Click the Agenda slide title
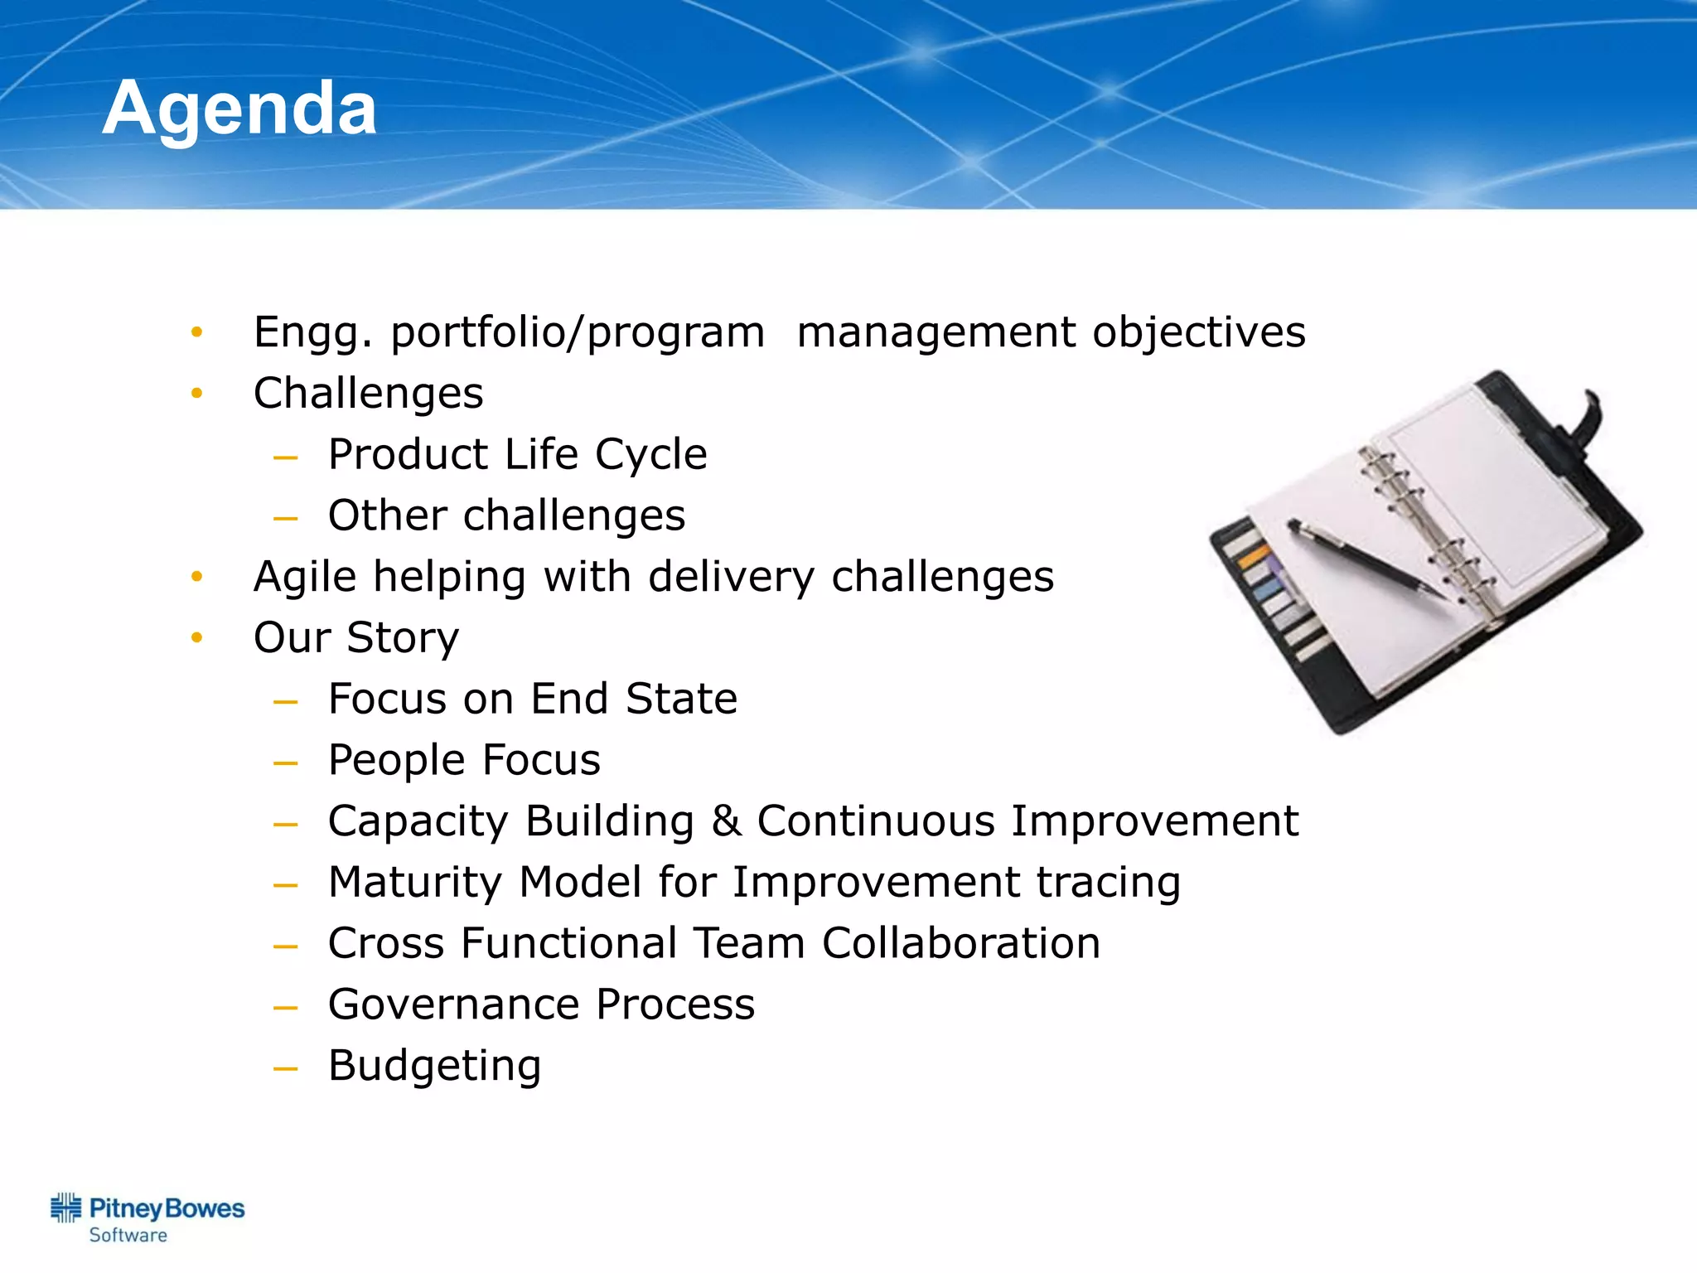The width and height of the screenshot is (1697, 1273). tap(239, 109)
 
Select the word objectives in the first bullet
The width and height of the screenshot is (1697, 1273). tap(1198, 333)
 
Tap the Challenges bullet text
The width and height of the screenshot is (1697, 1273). tap(368, 394)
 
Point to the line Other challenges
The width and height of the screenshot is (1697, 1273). tap(506, 515)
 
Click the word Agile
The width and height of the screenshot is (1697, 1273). tap(307, 578)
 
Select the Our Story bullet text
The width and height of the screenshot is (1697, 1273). tap(355, 638)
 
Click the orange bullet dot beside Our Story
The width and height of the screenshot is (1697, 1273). tap(196, 638)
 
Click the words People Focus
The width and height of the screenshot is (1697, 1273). tap(464, 760)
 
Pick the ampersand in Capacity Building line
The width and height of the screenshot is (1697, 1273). tap(726, 821)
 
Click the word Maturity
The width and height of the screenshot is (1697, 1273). tap(415, 883)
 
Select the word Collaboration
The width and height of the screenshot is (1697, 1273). tap(960, 943)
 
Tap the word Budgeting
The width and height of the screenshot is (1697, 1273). tap(434, 1067)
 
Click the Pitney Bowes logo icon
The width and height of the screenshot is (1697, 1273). tap(66, 1208)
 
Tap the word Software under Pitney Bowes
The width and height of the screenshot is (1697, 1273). tap(128, 1236)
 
